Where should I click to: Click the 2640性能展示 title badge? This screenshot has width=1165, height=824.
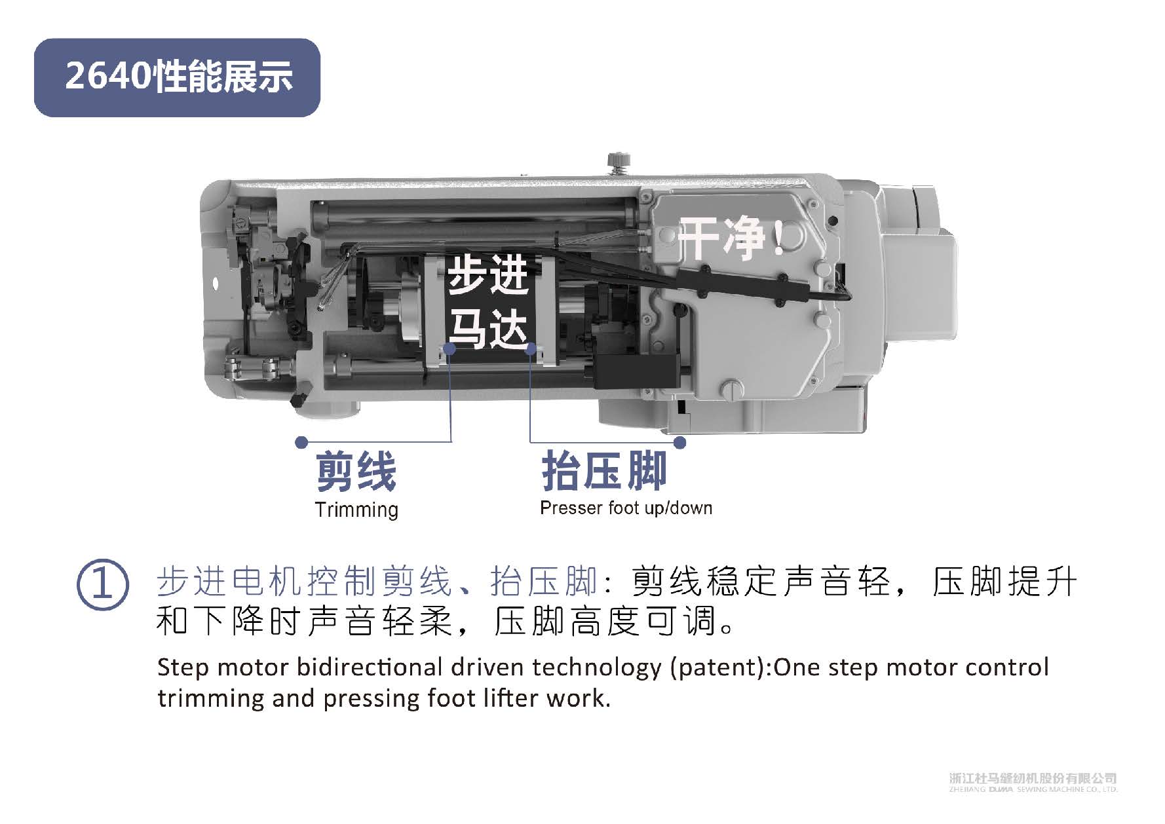pos(177,77)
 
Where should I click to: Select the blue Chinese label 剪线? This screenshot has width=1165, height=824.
pos(356,472)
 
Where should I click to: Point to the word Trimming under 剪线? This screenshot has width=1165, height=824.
pos(356,510)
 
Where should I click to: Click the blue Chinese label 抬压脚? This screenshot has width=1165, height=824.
pos(604,471)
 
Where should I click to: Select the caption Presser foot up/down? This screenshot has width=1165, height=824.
pos(626,508)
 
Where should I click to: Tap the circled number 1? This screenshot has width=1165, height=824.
pos(102,586)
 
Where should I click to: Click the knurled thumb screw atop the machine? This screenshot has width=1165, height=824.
pos(618,161)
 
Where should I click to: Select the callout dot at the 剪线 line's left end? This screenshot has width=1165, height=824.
pos(301,442)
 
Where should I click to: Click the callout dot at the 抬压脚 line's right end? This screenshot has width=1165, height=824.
pos(680,443)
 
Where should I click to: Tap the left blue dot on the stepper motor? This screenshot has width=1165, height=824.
pos(449,350)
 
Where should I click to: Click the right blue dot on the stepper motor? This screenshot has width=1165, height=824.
pos(531,350)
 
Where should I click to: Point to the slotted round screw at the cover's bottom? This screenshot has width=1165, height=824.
pos(731,390)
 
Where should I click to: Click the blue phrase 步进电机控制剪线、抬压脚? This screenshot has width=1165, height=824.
pos(377,581)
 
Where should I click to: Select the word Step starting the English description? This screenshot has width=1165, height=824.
pos(183,667)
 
